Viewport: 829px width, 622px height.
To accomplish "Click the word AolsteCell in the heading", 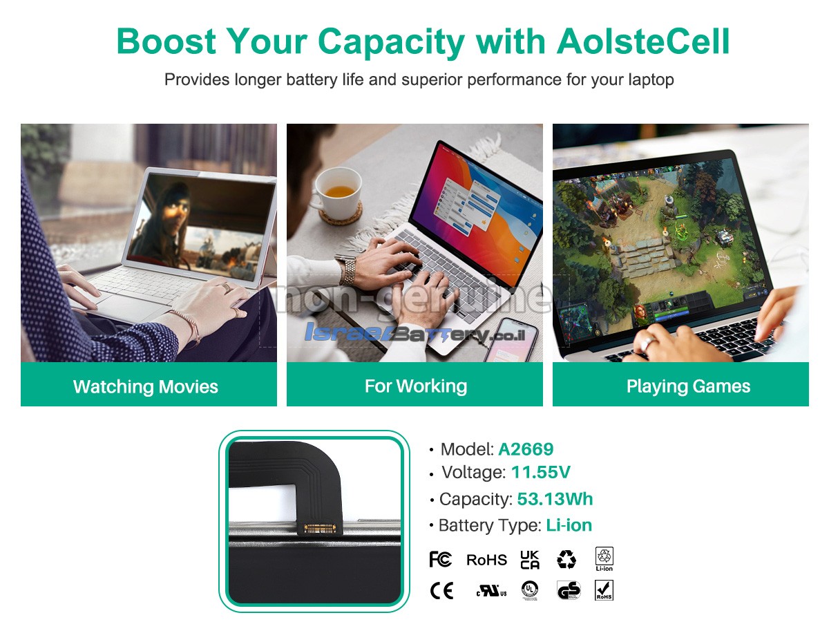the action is tap(642, 41).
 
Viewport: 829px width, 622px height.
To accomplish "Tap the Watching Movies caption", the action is tap(146, 386).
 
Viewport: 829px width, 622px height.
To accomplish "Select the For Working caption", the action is tap(416, 386).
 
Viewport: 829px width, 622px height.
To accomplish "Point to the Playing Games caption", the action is tap(688, 386).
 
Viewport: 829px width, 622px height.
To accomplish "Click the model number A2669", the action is tap(526, 449).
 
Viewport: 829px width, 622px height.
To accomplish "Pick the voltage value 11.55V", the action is tap(540, 472).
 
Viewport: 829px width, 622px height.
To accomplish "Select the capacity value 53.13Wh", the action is tap(555, 499).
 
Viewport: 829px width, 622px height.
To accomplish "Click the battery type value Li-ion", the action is tap(569, 525).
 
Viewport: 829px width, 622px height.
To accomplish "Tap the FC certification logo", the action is tap(440, 559).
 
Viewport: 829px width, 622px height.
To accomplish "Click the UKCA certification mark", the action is tap(530, 560).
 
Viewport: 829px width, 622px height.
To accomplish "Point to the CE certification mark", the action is tap(441, 591).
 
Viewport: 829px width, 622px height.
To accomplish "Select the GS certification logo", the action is tap(569, 590).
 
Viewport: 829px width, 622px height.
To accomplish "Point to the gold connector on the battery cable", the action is tap(320, 528).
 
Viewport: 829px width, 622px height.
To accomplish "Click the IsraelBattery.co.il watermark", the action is tap(414, 333).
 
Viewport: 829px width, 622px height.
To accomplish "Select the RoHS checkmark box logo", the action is tap(604, 590).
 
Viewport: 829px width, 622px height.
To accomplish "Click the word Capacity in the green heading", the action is tap(391, 41).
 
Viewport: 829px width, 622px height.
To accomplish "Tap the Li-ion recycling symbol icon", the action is tap(604, 559).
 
